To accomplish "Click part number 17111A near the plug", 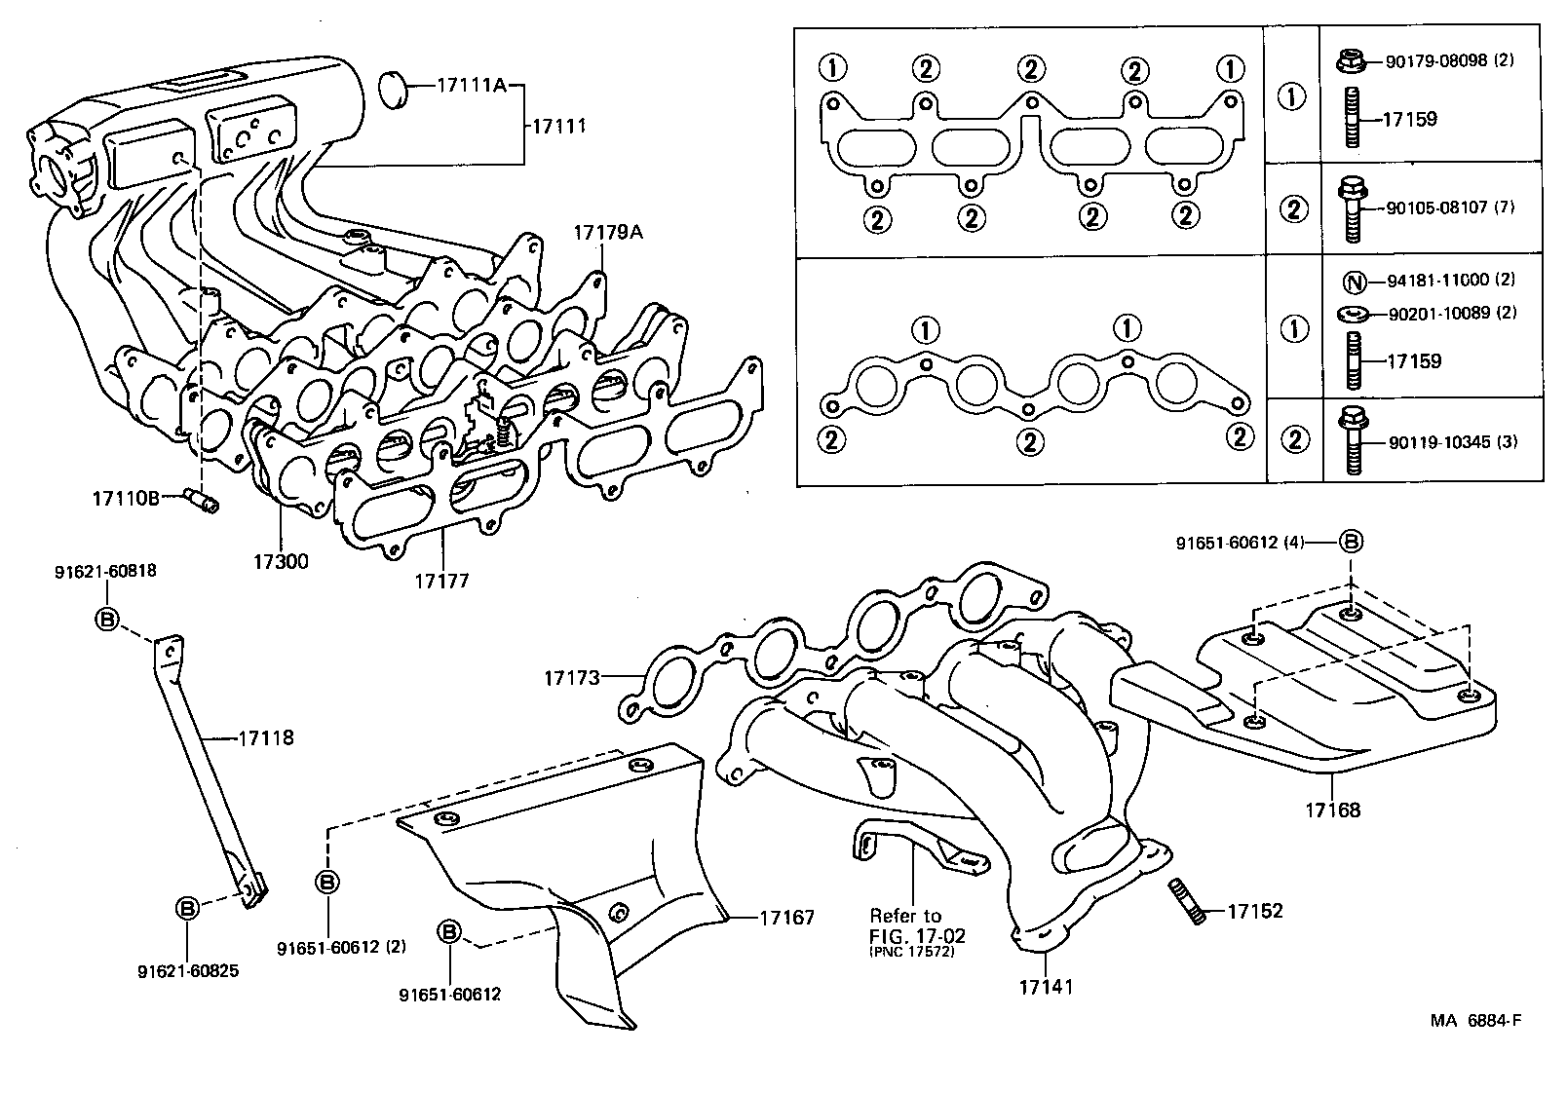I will tap(471, 86).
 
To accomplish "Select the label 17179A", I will tap(608, 233).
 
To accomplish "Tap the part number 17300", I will tap(281, 562).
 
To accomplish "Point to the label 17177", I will tap(441, 582).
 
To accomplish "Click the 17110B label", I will tap(126, 499).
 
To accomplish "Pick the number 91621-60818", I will tap(105, 573).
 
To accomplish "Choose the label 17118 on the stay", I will tap(266, 738).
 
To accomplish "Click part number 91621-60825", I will tap(188, 971).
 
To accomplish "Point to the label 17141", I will tap(1046, 987).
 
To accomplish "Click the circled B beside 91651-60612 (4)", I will tap(1351, 542).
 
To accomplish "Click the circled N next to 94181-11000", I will tap(1353, 282).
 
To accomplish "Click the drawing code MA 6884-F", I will tap(1475, 1021).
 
